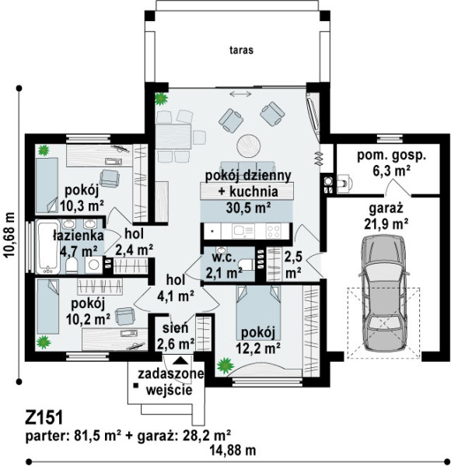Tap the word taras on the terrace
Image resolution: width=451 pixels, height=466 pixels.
coord(241,50)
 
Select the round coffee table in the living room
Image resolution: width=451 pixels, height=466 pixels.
coord(249,145)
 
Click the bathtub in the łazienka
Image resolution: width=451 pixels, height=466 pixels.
coord(48,247)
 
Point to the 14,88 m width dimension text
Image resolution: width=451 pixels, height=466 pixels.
coord(233,450)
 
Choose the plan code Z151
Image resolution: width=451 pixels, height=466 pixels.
coord(44,418)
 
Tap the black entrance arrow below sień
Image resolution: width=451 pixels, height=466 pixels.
coord(180,360)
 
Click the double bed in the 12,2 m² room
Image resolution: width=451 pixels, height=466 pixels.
coord(258,313)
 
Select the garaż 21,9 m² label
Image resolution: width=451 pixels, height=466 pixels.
coord(386,215)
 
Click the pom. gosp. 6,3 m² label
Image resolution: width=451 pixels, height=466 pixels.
coord(391,163)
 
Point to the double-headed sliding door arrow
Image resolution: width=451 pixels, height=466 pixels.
coord(240,94)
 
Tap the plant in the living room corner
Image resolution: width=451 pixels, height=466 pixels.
coord(161,99)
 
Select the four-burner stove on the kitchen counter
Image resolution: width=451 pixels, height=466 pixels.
coord(274,230)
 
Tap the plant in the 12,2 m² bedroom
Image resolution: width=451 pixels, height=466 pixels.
coord(224,366)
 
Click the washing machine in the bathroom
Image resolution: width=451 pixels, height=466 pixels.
coord(94,265)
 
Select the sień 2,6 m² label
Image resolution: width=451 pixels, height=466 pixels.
coord(176,336)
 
